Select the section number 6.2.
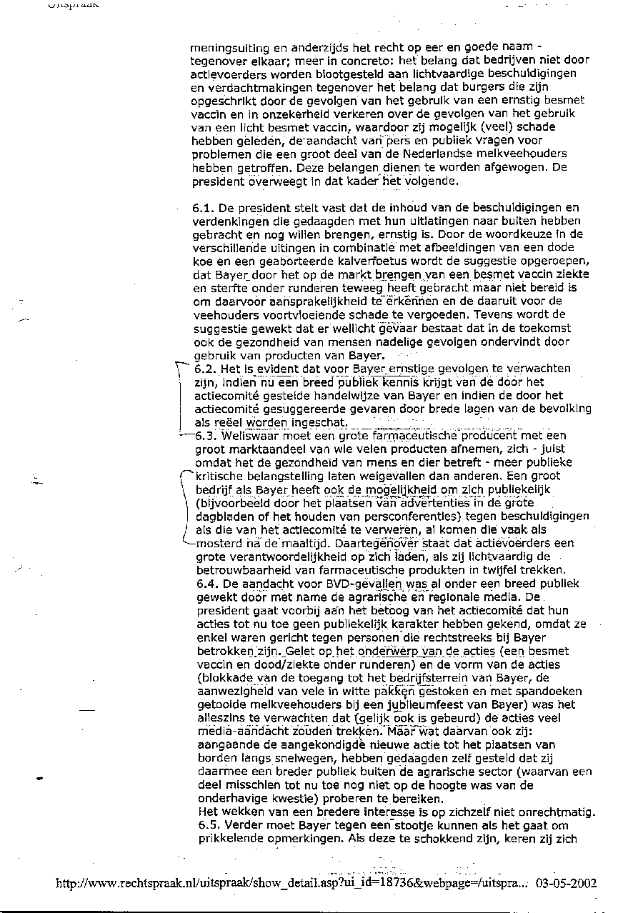click(x=205, y=369)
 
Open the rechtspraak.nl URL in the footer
click(x=293, y=883)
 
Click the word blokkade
click(x=231, y=678)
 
